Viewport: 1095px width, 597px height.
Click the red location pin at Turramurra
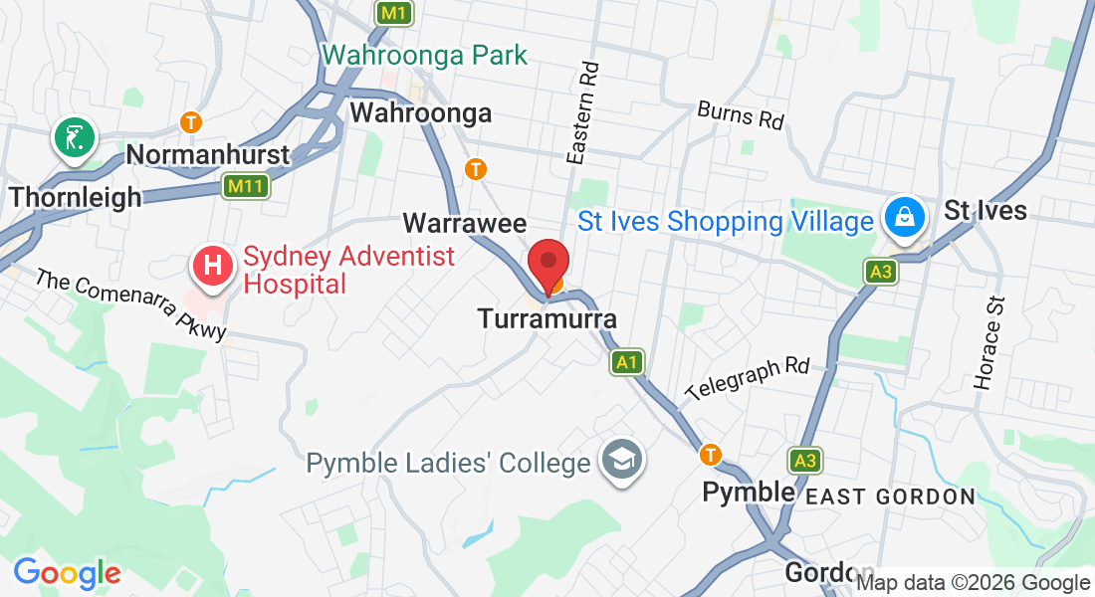pyautogui.click(x=547, y=265)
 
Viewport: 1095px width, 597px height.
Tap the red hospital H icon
pyautogui.click(x=212, y=267)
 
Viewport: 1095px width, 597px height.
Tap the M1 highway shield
pyautogui.click(x=393, y=13)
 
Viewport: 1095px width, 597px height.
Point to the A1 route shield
pyautogui.click(x=626, y=362)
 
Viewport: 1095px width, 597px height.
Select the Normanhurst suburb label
pyautogui.click(x=208, y=154)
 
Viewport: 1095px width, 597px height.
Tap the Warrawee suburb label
pyautogui.click(x=464, y=222)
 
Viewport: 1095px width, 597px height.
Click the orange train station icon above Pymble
pyautogui.click(x=710, y=455)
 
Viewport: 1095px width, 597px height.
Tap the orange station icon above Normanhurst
pyautogui.click(x=191, y=122)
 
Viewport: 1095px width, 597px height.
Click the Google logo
pyautogui.click(x=67, y=573)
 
